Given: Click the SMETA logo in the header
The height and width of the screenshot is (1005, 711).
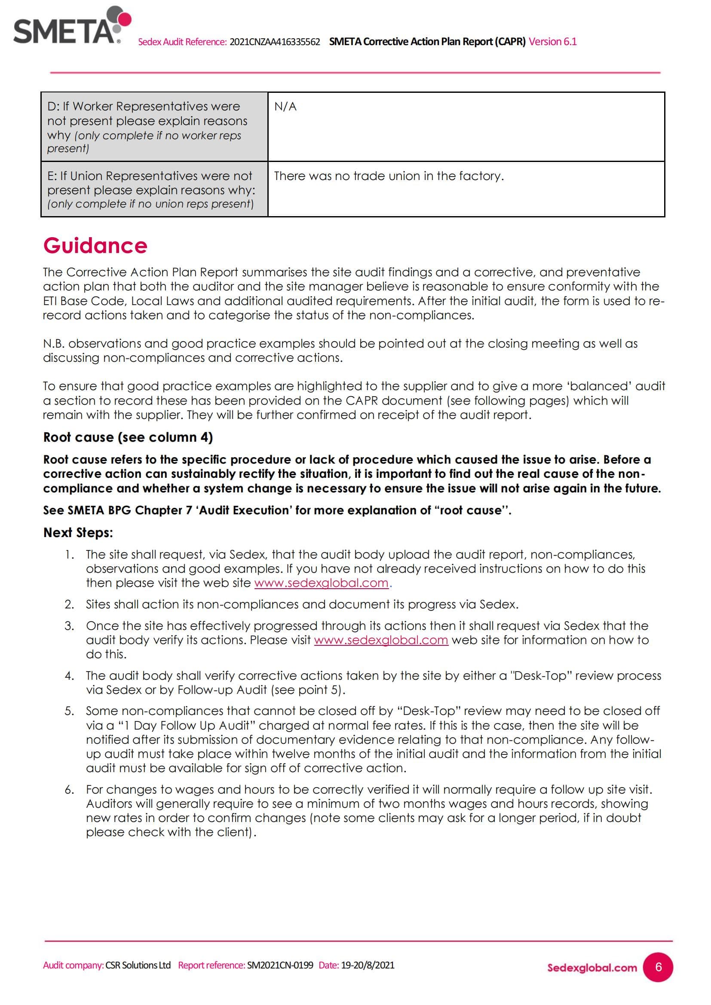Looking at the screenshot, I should [x=72, y=26].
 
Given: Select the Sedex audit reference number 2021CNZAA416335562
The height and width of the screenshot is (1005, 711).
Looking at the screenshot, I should [x=275, y=42].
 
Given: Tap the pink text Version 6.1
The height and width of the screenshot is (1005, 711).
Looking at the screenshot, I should [x=552, y=42].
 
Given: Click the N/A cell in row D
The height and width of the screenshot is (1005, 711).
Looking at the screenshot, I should [x=285, y=107].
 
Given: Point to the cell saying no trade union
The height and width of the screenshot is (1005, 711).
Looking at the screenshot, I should [x=389, y=176].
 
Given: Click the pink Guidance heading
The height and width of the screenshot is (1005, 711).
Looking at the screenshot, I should [x=95, y=246].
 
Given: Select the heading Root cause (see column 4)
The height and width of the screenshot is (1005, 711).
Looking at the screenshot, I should [x=128, y=437].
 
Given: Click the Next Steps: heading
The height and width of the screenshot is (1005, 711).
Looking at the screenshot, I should [x=78, y=533].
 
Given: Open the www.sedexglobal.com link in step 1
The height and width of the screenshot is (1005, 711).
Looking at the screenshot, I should [x=321, y=583].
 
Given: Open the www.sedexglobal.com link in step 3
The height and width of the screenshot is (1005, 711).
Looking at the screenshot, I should [x=381, y=640].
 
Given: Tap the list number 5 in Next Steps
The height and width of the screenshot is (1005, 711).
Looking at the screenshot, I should [x=69, y=711].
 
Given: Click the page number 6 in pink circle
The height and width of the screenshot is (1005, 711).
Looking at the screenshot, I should [x=658, y=967].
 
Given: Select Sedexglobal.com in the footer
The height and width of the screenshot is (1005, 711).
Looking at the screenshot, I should [x=591, y=968].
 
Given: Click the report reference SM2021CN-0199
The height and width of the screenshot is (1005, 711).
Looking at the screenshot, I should [x=280, y=965].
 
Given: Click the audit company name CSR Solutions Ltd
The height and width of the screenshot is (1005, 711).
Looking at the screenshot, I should [x=138, y=965].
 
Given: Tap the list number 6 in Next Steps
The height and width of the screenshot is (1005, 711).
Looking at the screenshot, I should [x=69, y=790].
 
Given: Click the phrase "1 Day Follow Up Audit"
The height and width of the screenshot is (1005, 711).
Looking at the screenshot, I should [x=187, y=725].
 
